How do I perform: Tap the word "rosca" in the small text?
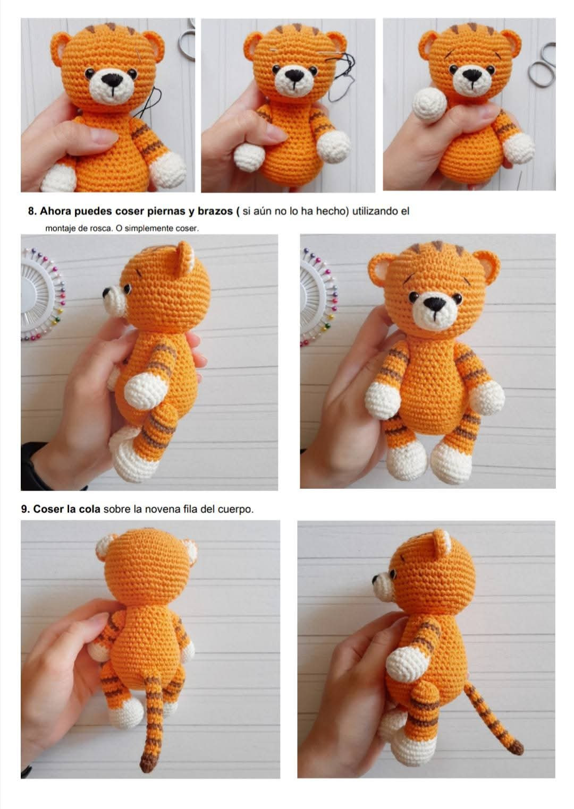pyautogui.click(x=102, y=229)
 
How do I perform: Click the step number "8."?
pyautogui.click(x=32, y=211)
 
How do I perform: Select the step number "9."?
pyautogui.click(x=26, y=509)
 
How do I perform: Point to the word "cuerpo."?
pyautogui.click(x=235, y=509)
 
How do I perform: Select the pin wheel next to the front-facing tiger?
pyautogui.click(x=318, y=297)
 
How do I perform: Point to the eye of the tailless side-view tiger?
pyautogui.click(x=127, y=288)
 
